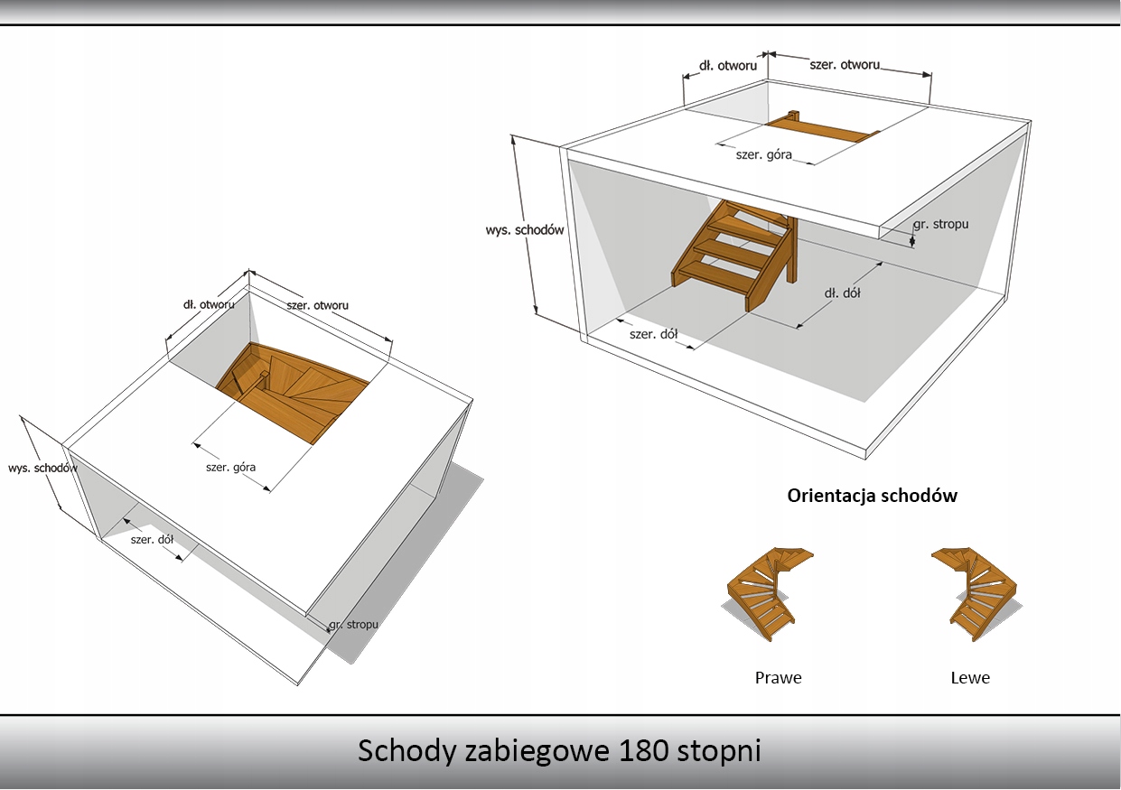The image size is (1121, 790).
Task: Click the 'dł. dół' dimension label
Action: pyautogui.click(x=840, y=293)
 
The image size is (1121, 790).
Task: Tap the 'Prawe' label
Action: pyautogui.click(x=778, y=677)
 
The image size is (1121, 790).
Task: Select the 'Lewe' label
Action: pyautogui.click(x=970, y=677)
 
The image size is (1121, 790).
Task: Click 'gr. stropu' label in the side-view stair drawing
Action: pyautogui.click(x=940, y=223)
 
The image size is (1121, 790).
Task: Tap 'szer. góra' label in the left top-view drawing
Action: pyautogui.click(x=230, y=468)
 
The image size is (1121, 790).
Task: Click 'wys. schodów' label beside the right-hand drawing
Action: pyautogui.click(x=525, y=229)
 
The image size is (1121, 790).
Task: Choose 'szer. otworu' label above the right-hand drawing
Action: pyautogui.click(x=845, y=65)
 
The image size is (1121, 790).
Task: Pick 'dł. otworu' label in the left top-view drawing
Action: pyautogui.click(x=209, y=304)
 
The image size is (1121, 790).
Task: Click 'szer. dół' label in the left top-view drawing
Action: pyautogui.click(x=152, y=540)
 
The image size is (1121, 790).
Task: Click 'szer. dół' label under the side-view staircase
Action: pyautogui.click(x=653, y=334)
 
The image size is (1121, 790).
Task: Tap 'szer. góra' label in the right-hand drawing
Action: pyautogui.click(x=764, y=154)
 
